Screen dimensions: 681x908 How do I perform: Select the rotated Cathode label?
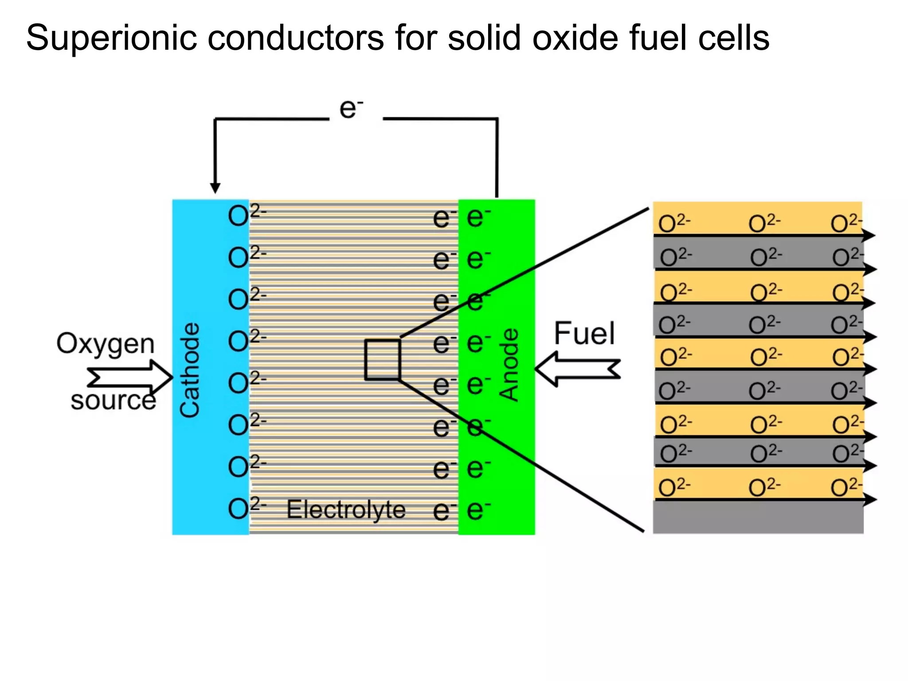(190, 370)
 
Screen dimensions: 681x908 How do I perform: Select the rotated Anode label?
(509, 365)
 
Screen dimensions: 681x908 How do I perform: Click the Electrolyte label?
(346, 509)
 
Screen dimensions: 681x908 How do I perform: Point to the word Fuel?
(584, 333)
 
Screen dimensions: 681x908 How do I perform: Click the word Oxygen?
(106, 344)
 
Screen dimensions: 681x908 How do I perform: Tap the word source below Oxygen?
(113, 400)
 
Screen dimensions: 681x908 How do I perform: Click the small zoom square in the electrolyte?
(383, 360)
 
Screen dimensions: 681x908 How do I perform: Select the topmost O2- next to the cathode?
(247, 215)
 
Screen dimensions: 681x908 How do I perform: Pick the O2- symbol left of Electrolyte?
(247, 508)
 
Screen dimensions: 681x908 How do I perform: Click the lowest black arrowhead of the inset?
(870, 500)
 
